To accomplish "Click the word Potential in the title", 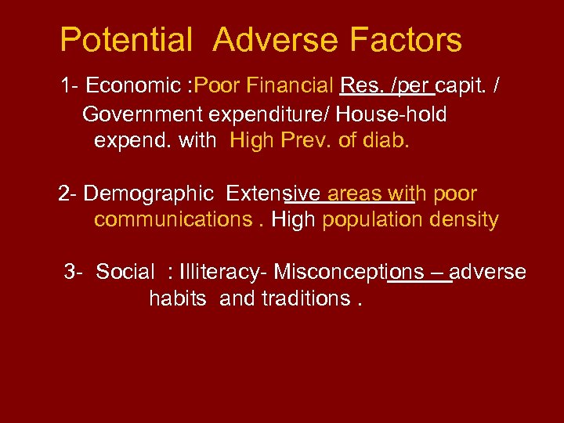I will pos(126,40).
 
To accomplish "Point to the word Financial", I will pos(290,85).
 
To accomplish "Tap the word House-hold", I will pos(392,114).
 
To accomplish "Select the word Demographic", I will pos(148,193).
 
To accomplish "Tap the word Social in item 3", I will pos(125,272).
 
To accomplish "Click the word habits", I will pos(178,298).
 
